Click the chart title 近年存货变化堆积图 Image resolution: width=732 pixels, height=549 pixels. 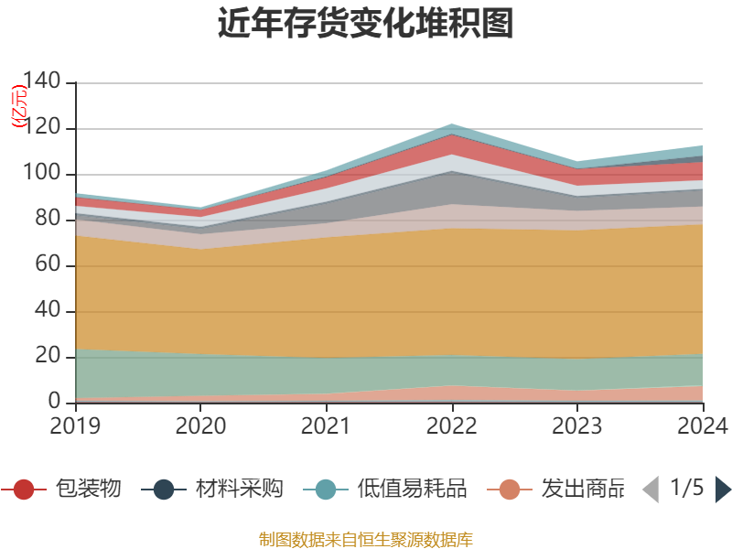365,25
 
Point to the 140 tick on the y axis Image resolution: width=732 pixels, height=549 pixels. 41,82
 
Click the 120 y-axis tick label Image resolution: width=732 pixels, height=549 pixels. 41,128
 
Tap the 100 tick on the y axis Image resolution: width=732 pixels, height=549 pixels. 41,174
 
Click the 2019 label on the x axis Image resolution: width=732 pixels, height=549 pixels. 75,425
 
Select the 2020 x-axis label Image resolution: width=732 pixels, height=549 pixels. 200,425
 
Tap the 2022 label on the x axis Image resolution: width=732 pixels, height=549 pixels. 452,425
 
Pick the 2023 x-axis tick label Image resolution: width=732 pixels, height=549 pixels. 577,425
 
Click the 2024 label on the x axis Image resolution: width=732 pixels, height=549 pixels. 702,425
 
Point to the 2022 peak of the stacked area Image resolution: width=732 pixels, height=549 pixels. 452,124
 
